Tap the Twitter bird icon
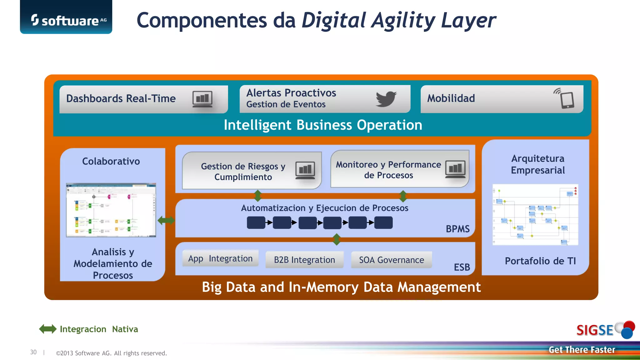pos(386,99)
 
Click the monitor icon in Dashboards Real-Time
pos(202,99)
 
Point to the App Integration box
pos(220,258)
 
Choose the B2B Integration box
pos(304,260)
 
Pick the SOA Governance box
pos(391,260)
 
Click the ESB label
pos(462,267)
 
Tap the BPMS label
pos(457,229)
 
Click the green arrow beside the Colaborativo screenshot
pos(166,220)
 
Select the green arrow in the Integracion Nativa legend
pos(48,329)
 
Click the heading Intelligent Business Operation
pos(323,125)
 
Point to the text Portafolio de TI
pos(540,261)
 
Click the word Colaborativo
pos(111,161)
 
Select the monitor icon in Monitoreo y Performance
pos(455,169)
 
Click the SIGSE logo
pos(605,330)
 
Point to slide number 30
pos(33,352)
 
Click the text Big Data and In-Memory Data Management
pos(341,287)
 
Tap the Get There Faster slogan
pos(582,350)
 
